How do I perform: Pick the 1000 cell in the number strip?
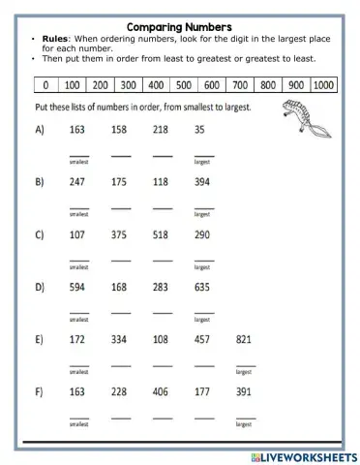click(x=323, y=85)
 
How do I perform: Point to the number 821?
click(x=245, y=339)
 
